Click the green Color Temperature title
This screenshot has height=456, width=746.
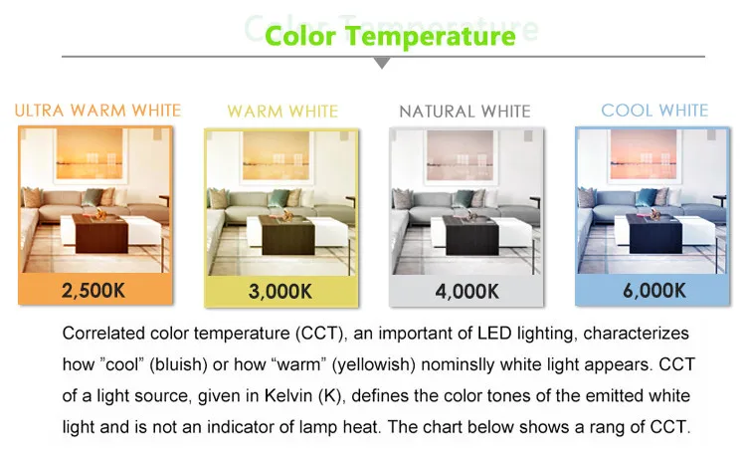click(x=390, y=36)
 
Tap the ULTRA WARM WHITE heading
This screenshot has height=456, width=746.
click(x=98, y=111)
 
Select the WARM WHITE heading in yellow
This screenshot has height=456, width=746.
click(x=282, y=112)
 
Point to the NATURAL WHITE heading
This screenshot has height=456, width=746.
click(x=465, y=112)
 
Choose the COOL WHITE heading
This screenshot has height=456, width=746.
click(x=654, y=111)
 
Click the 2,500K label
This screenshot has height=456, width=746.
click(x=93, y=290)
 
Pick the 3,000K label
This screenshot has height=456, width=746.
click(x=280, y=292)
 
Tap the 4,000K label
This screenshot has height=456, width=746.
click(x=466, y=292)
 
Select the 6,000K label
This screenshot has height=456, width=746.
click(x=654, y=290)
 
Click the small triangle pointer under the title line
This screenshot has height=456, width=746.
click(x=382, y=63)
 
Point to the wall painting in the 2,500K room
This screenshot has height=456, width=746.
click(x=91, y=154)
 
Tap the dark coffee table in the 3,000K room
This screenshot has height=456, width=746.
click(x=287, y=234)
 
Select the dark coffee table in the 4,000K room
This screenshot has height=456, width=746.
click(x=471, y=235)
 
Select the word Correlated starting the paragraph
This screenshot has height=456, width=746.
click(x=103, y=333)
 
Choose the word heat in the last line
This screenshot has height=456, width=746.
click(x=362, y=426)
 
